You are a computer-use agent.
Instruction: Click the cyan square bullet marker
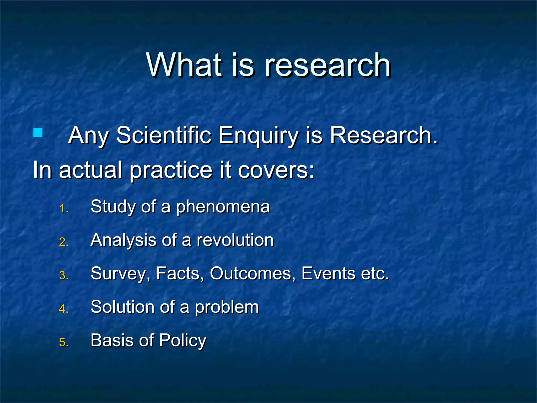38,132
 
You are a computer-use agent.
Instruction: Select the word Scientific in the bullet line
164,135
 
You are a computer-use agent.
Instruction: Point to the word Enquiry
258,136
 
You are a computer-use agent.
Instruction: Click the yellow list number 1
64,209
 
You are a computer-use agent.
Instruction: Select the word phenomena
223,207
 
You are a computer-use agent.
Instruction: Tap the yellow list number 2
64,242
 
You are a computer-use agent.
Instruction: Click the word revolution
235,240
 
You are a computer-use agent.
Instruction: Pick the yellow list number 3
64,276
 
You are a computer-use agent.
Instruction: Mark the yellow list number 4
64,309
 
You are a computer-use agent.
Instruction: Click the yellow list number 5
64,343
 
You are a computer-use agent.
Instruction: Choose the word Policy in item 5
183,341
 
